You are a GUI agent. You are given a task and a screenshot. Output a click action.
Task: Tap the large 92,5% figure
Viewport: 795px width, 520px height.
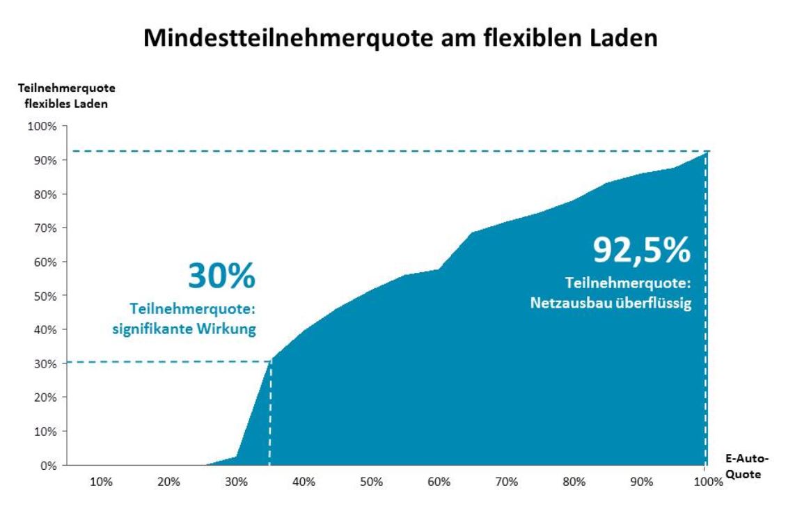click(x=642, y=249)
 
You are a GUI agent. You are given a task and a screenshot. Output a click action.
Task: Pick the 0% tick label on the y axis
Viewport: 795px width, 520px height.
click(x=47, y=466)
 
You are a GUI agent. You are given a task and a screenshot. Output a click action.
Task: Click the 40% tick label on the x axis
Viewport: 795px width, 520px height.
click(x=304, y=482)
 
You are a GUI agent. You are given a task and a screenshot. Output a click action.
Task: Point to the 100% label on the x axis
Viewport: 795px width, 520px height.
click(x=705, y=482)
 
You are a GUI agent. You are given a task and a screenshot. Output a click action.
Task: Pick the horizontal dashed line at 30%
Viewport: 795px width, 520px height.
click(x=167, y=361)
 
